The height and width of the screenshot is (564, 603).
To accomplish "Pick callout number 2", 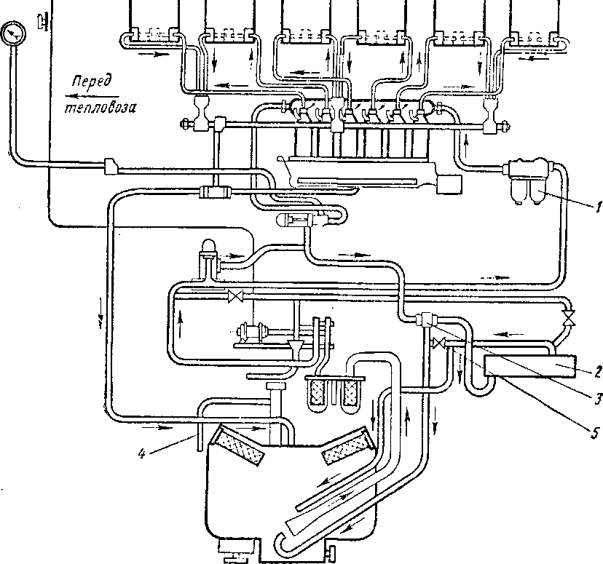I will (x=596, y=370).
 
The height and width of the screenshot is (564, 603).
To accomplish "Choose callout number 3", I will (x=596, y=399).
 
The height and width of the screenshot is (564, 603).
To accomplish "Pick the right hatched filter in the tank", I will (x=346, y=446).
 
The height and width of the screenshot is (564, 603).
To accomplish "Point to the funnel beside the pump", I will (x=296, y=348).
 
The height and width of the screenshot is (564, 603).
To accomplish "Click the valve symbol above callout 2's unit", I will (x=569, y=318).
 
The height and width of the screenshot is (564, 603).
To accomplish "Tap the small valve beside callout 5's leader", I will (x=438, y=343).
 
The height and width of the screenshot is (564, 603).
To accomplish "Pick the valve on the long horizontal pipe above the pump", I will (x=235, y=296).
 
